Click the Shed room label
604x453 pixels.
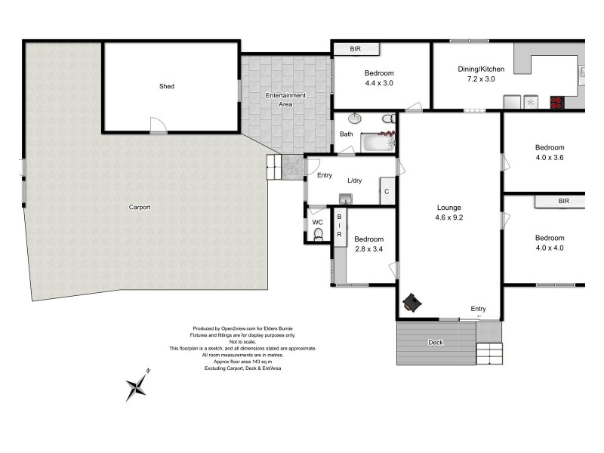(166, 86)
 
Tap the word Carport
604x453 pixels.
(140, 207)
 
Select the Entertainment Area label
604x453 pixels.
(285, 99)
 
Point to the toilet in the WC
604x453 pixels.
(318, 235)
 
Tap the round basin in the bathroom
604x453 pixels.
(355, 119)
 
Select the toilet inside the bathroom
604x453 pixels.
(388, 119)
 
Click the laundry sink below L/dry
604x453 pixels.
(346, 199)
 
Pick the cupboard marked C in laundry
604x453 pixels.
(387, 192)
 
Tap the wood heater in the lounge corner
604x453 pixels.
(412, 302)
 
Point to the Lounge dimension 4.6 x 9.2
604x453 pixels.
(448, 217)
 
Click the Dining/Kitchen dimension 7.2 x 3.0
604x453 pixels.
(481, 79)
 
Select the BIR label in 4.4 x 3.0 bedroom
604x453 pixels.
(356, 49)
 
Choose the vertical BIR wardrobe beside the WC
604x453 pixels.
(340, 226)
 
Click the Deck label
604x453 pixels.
(436, 342)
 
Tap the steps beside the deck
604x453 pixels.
(489, 353)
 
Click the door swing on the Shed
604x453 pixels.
(157, 126)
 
